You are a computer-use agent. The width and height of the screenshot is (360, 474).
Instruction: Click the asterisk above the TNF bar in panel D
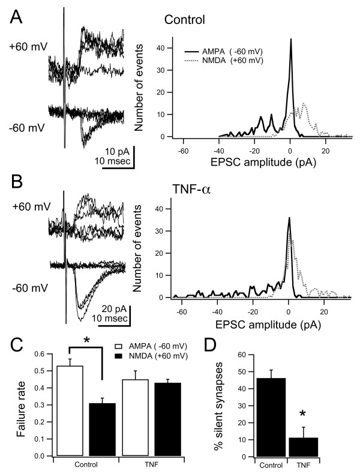click(x=302, y=415)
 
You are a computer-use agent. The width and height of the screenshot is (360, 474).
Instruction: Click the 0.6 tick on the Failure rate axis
click(x=41, y=354)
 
